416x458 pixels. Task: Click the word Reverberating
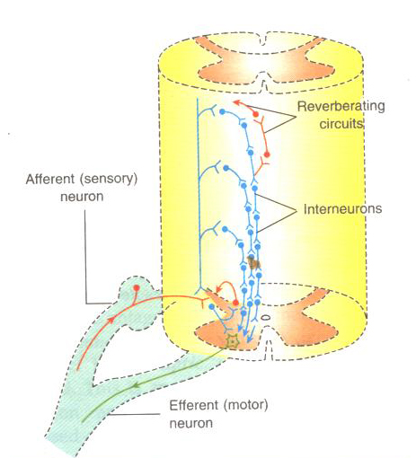coord(341,107)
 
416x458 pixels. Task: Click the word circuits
coord(341,124)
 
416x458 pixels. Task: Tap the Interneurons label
coord(342,208)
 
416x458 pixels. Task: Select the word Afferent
coord(50,179)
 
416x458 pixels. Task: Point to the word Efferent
coord(194,405)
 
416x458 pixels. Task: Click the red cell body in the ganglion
coord(137,288)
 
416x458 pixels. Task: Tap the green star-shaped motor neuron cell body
coord(232,341)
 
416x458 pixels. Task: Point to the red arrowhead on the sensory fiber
coord(111,321)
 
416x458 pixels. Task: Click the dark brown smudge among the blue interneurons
coord(254,262)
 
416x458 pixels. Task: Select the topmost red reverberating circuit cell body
coord(255,114)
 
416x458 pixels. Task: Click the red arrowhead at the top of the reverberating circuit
coord(236,102)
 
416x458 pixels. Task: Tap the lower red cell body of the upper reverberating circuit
coord(267,154)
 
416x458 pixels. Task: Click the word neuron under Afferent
coord(82,197)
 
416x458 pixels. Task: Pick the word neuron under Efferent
coord(191,423)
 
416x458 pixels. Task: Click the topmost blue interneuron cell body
coord(222,111)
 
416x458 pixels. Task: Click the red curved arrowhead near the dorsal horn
coord(218,289)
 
